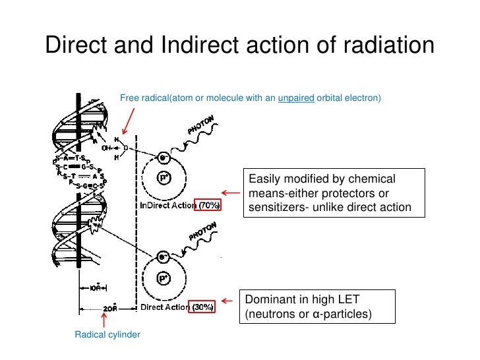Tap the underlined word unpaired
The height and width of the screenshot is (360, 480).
295,98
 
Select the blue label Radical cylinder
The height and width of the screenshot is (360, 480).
107,335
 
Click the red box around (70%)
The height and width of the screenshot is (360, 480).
208,206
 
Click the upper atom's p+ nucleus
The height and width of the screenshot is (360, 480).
162,178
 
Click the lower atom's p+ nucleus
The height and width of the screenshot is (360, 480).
162,279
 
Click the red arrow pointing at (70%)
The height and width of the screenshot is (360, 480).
230,193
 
